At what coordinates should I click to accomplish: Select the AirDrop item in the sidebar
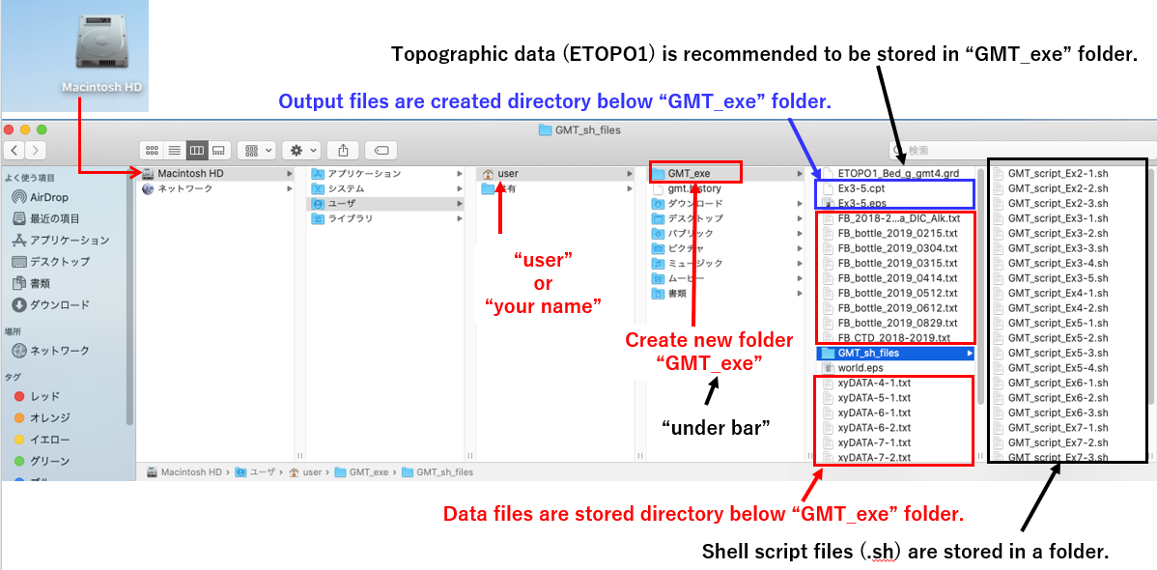point(48,197)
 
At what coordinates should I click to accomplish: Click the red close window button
point(12,129)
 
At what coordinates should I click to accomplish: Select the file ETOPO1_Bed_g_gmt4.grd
point(897,174)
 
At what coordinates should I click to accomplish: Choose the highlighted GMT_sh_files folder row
point(868,353)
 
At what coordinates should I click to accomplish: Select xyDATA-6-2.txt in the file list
point(874,427)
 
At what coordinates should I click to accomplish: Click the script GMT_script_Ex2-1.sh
point(1057,174)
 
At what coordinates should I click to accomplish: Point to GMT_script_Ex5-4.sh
point(1057,368)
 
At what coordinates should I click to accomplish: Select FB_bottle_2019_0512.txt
point(897,293)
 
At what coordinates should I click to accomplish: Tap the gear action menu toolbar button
point(303,150)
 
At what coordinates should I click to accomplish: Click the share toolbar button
point(343,150)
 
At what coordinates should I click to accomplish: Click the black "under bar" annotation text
point(715,427)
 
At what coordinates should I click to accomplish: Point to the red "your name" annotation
point(543,307)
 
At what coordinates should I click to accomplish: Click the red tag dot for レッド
point(19,396)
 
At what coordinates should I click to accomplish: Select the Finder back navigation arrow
point(14,150)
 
